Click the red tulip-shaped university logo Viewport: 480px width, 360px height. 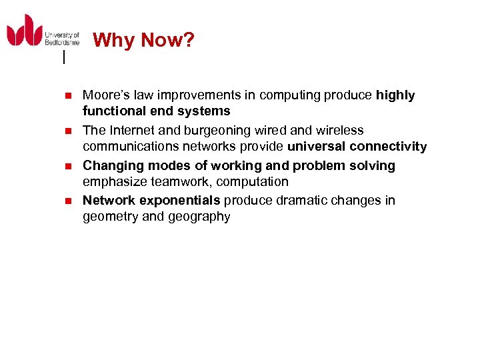pos(25,31)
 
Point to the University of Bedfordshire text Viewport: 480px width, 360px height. pos(62,39)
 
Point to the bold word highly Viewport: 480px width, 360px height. pos(395,95)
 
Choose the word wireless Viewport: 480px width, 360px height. pos(341,131)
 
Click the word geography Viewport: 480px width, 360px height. pos(199,217)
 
